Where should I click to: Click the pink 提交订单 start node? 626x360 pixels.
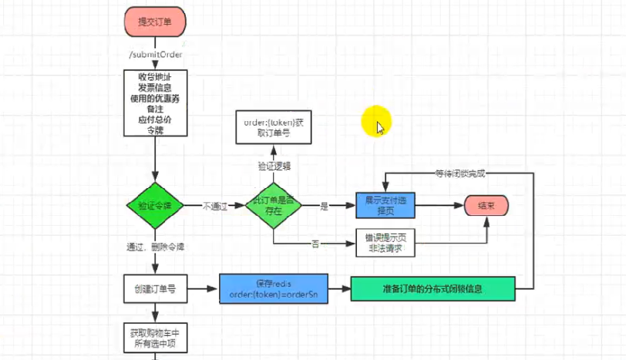154,22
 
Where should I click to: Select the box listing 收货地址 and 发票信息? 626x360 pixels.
155,103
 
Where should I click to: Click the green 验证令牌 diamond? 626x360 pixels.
155,206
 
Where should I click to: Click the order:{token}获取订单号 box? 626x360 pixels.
274,127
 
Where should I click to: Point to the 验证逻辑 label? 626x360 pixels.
274,166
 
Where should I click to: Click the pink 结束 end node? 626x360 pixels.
486,206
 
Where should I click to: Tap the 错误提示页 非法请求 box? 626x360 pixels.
385,243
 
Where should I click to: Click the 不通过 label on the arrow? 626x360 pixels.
215,206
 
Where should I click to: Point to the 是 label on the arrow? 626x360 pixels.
324,206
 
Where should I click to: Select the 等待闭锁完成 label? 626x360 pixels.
461,173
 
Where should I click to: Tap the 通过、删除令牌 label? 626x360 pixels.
155,247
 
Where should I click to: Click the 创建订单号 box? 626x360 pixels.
155,290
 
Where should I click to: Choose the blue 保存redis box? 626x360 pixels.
274,290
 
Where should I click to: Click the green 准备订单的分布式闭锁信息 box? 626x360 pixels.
432,290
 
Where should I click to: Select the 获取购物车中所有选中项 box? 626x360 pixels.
155,337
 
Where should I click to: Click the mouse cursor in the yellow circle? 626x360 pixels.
379,126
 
